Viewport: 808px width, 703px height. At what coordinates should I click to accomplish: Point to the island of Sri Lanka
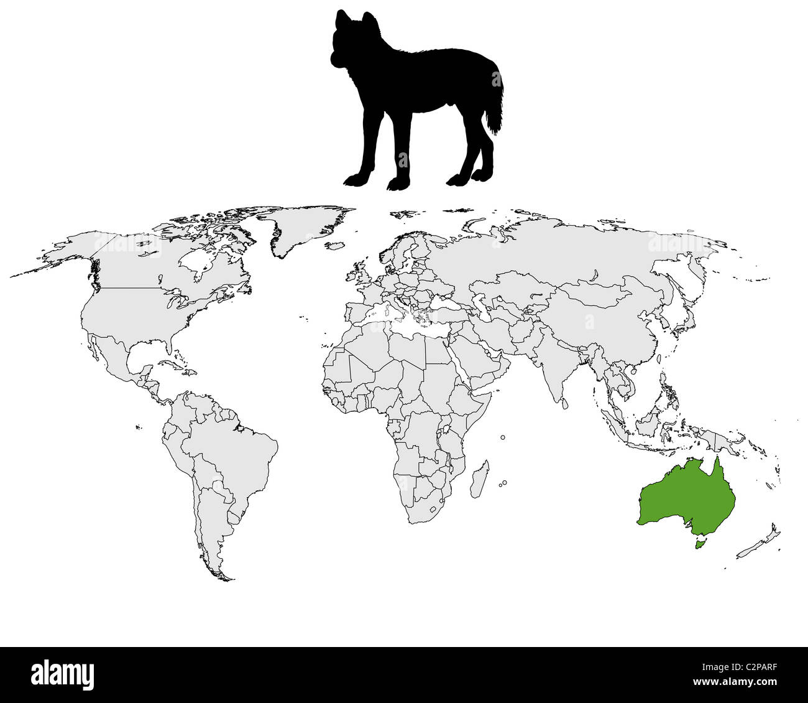tap(564, 404)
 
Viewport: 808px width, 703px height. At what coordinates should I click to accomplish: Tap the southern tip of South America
tap(221, 575)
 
